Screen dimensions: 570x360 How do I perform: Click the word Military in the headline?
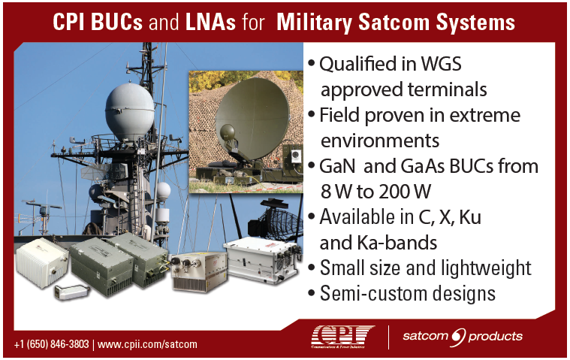pyautogui.click(x=315, y=23)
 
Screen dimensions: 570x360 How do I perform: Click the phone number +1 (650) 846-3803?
pyautogui.click(x=51, y=344)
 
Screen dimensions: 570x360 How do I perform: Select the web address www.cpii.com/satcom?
pyautogui.click(x=147, y=344)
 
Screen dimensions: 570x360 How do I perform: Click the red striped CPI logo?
pyautogui.click(x=342, y=337)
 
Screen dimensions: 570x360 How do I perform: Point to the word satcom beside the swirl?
pyautogui.click(x=425, y=336)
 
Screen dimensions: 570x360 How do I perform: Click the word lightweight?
pyautogui.click(x=486, y=268)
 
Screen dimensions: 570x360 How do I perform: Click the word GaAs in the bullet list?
pyautogui.click(x=423, y=166)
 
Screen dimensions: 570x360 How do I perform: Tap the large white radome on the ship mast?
pyautogui.click(x=130, y=111)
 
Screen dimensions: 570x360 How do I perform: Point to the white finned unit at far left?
pyautogui.click(x=42, y=262)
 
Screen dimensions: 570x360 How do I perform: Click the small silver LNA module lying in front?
pyautogui.click(x=71, y=292)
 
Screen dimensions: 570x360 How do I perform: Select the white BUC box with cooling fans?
pyautogui.click(x=262, y=259)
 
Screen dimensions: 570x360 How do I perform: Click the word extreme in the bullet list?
pyautogui.click(x=484, y=115)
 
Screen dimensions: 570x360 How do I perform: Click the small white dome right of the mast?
pyautogui.click(x=163, y=190)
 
